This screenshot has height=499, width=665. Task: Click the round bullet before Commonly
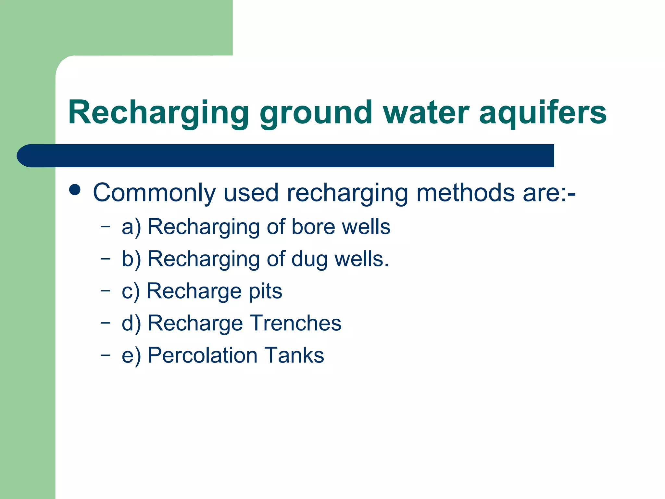(75, 190)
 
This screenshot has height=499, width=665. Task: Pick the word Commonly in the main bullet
(154, 193)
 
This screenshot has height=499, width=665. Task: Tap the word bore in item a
(313, 226)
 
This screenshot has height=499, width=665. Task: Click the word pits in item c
(265, 291)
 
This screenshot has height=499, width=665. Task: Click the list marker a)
(132, 227)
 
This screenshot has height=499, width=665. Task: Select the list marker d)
(132, 323)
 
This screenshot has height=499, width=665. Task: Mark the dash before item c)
(105, 290)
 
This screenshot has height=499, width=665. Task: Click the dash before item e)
(105, 354)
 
